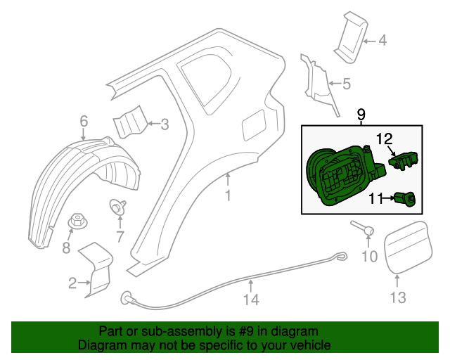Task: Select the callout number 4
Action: pos(382,41)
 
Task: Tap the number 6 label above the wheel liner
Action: pos(84,122)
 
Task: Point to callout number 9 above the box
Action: pos(361,114)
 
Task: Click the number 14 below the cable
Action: pos(251,300)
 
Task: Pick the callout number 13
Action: pos(398,297)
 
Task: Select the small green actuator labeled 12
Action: pos(404,160)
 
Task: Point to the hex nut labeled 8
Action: pos(77,222)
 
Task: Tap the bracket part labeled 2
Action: pos(99,271)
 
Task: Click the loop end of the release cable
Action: pos(341,257)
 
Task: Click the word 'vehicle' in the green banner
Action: pos(309,346)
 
